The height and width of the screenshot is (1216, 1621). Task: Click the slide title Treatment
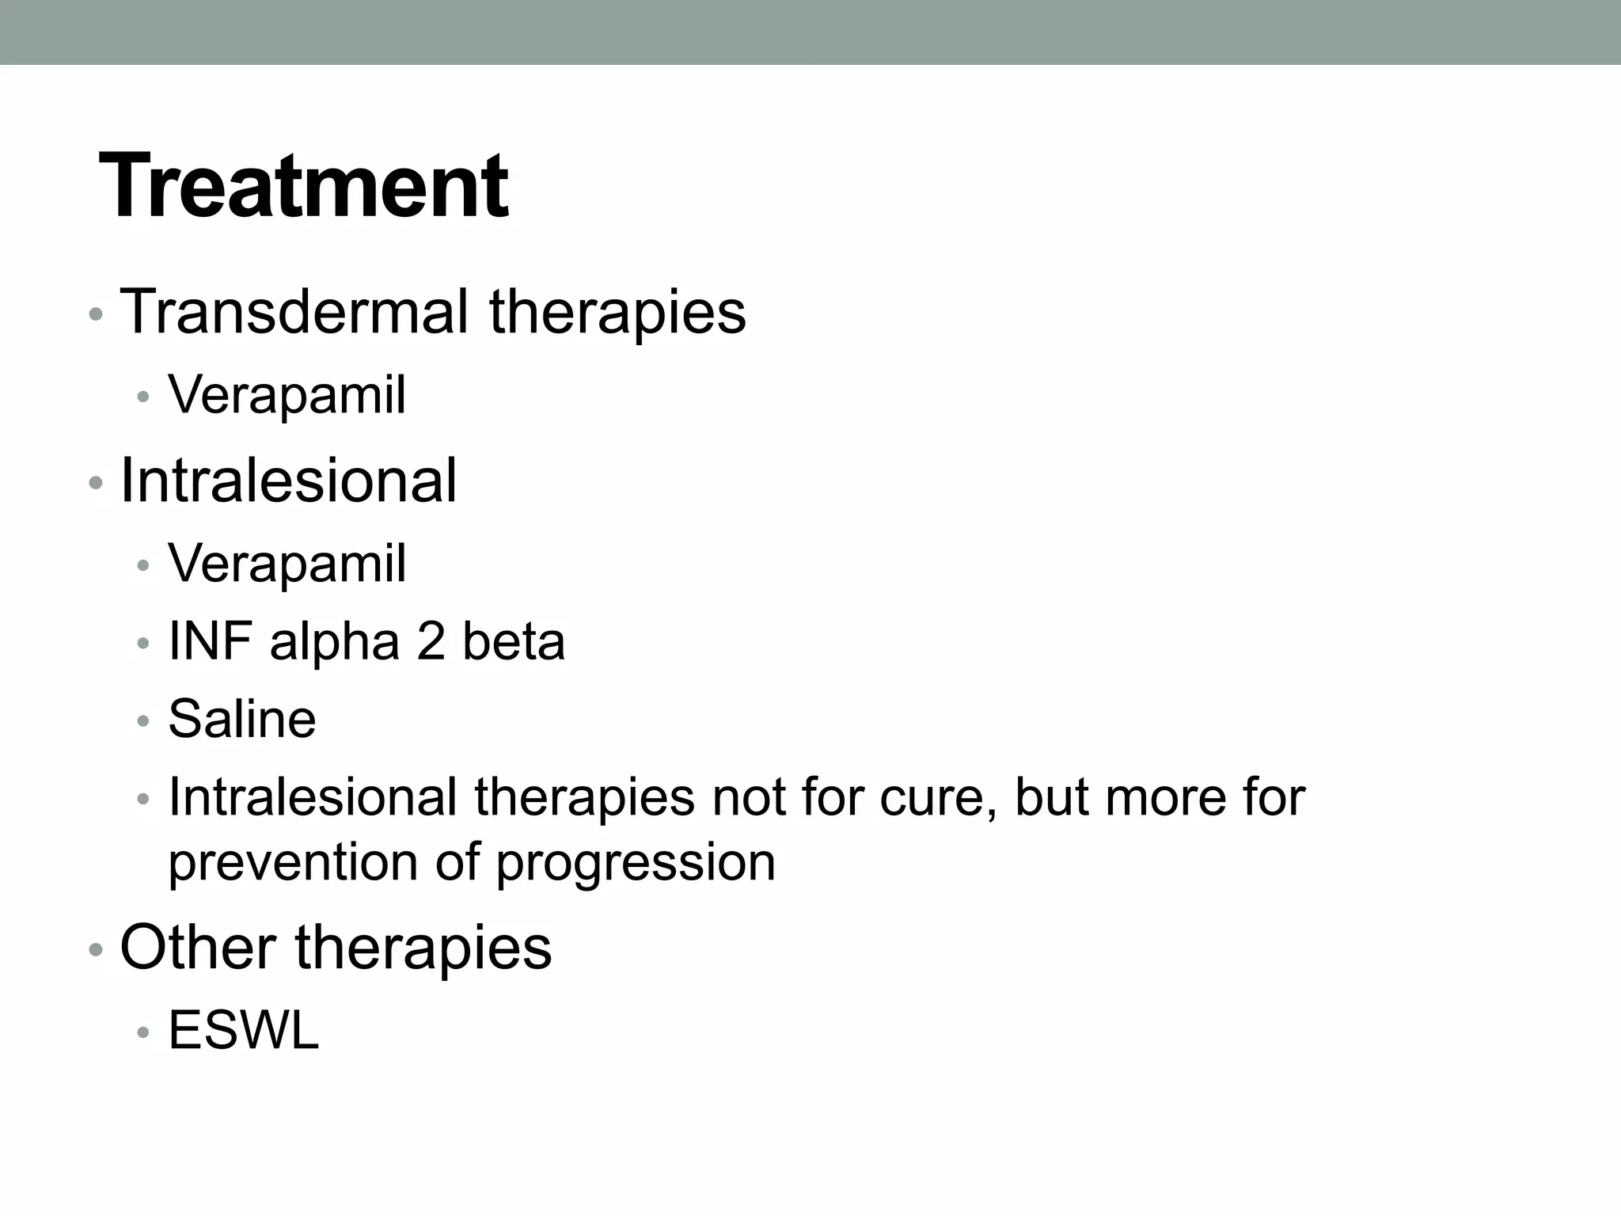(304, 187)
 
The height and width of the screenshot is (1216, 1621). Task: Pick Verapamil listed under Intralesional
(287, 563)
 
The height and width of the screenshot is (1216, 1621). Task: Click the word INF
(210, 641)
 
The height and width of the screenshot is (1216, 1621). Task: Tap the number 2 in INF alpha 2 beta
(431, 641)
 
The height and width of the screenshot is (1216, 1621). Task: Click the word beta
(514, 641)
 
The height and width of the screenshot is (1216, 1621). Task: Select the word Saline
(242, 719)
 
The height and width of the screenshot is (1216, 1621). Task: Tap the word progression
(636, 862)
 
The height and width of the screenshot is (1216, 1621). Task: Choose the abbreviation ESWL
(244, 1031)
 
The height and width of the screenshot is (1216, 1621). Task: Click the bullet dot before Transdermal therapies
(96, 314)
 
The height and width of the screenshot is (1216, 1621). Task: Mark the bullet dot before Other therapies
(96, 949)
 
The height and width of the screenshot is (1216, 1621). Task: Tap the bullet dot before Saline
(143, 721)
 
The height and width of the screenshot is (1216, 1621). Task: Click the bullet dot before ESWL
(143, 1033)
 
